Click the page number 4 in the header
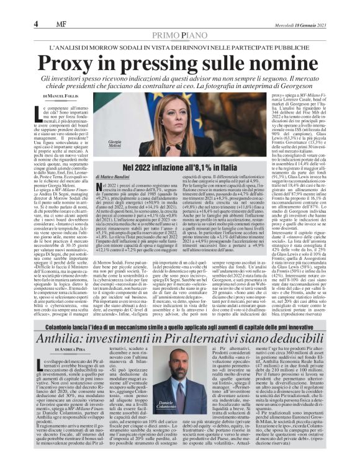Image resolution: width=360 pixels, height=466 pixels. tap(37, 24)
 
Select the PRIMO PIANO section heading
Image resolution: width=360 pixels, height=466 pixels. tap(180, 36)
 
